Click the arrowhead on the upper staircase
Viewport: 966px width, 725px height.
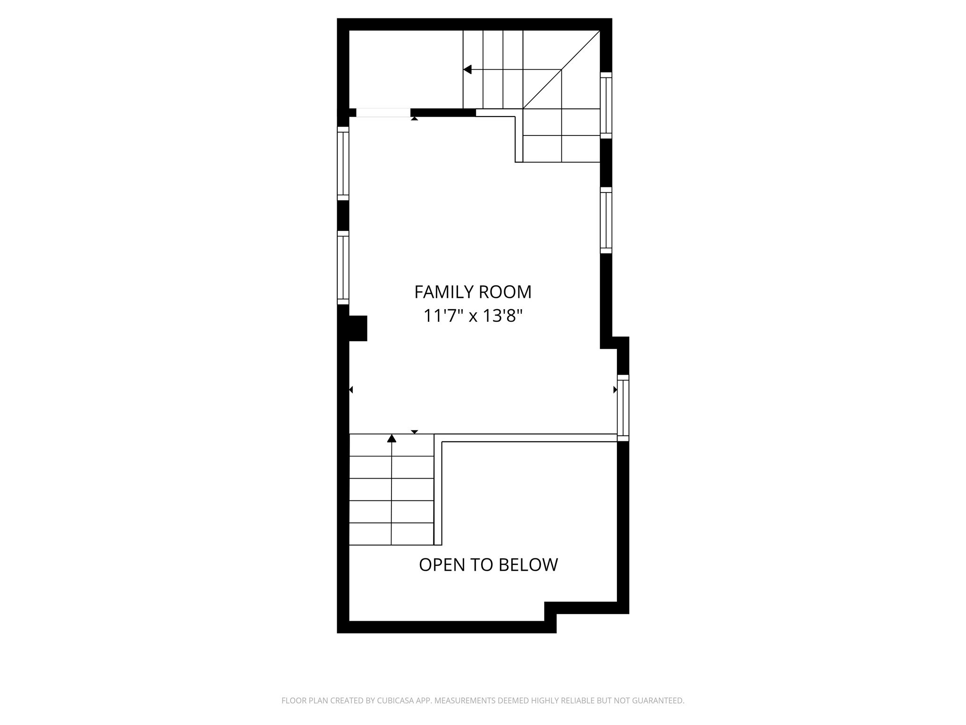tap(467, 70)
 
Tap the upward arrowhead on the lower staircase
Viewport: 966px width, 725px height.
tap(391, 438)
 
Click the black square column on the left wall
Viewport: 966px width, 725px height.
tap(357, 328)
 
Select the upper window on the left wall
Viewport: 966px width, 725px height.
tap(343, 163)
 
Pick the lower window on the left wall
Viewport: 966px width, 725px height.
tap(343, 268)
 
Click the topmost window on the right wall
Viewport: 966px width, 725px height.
tap(606, 105)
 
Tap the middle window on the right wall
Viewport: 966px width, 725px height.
tap(606, 220)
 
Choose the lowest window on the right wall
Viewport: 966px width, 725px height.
tap(623, 408)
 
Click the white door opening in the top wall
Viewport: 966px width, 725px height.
tap(383, 113)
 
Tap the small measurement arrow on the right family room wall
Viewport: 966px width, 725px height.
tap(615, 390)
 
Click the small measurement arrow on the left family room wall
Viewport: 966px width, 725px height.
tap(351, 390)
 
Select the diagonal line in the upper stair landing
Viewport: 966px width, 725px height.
tap(561, 70)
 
